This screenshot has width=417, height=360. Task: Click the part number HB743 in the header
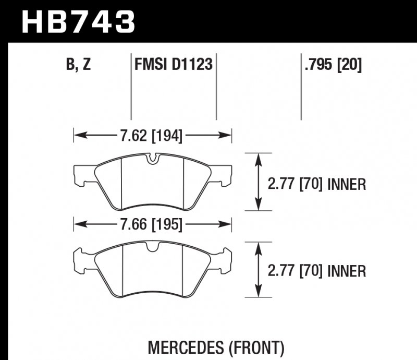click(78, 22)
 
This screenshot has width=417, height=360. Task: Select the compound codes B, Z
click(79, 65)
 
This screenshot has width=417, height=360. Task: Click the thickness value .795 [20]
click(333, 65)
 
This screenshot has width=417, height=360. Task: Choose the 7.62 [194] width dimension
click(151, 137)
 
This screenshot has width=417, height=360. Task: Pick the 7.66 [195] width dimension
click(151, 225)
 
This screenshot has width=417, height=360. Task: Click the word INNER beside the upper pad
click(347, 184)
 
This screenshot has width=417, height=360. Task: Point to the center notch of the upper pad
click(152, 159)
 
